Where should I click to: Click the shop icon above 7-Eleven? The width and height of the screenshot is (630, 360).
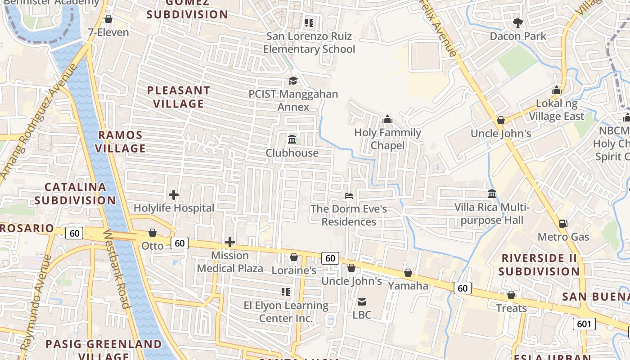click(x=108, y=19)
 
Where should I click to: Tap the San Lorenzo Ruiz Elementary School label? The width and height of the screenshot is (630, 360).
click(x=309, y=43)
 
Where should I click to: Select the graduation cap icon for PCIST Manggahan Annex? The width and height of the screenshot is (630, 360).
click(x=293, y=81)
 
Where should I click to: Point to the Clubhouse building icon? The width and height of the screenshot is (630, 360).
click(x=292, y=139)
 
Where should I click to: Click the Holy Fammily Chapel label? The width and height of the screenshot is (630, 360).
click(x=387, y=139)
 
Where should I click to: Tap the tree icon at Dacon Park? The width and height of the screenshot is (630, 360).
click(x=518, y=22)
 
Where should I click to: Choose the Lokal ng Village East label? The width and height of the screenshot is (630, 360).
click(x=556, y=110)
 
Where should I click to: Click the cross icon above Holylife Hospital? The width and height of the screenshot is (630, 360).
click(x=174, y=195)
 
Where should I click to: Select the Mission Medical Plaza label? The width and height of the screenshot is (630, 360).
click(x=230, y=262)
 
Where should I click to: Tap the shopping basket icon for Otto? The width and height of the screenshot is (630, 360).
click(x=153, y=233)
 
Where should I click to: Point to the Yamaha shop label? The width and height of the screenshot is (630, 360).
click(x=408, y=286)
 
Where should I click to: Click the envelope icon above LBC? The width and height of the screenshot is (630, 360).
click(x=362, y=301)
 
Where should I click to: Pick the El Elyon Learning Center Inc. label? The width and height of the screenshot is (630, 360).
click(x=286, y=312)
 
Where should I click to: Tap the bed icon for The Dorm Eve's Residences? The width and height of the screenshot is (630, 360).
click(x=348, y=196)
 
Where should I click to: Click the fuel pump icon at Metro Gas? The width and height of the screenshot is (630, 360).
click(x=563, y=224)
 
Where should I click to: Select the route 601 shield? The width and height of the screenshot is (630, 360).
click(x=584, y=324)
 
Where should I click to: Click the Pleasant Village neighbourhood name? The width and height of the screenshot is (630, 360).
click(x=179, y=97)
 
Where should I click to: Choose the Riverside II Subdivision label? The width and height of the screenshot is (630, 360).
click(x=539, y=265)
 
